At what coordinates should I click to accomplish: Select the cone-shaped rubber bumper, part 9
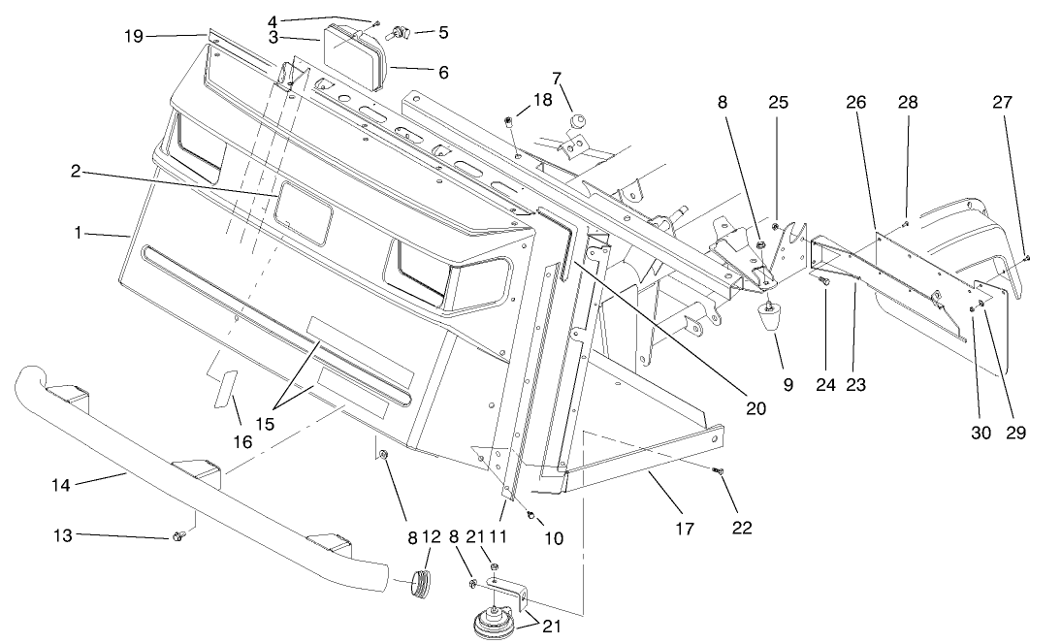(x=771, y=316)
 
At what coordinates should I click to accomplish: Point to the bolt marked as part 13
(x=178, y=535)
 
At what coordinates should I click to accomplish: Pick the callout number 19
(x=134, y=37)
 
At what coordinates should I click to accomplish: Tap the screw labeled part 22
(x=718, y=472)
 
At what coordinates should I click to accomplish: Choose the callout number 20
(x=756, y=408)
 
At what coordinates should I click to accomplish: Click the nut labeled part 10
(x=531, y=514)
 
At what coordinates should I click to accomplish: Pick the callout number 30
(x=981, y=433)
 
